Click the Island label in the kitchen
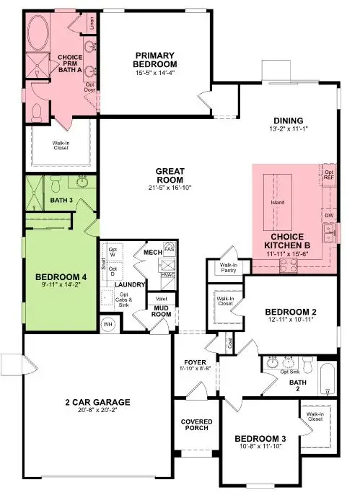277,202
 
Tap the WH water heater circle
110,324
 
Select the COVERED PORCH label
195,424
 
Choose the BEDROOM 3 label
260,438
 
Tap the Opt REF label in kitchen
330,175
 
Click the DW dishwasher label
329,215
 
